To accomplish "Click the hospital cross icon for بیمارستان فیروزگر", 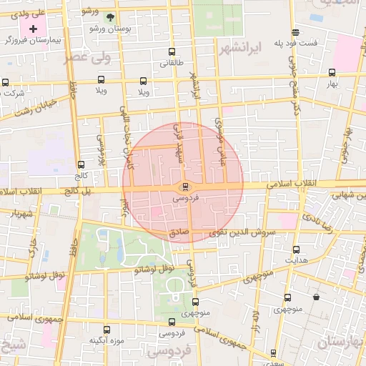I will pos(33,28).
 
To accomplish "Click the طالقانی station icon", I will pos(171,51).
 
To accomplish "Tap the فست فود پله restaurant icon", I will pos(295,32).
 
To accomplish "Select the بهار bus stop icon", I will pos(332,72).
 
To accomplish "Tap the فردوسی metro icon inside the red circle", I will pos(186,187).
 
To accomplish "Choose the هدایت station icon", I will pos(297,249).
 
